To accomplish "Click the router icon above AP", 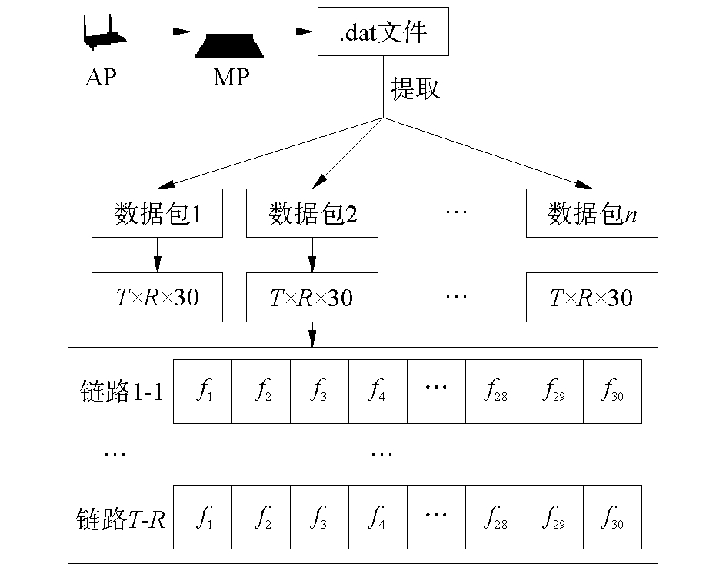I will tap(102, 35).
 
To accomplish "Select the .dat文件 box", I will tap(382, 33).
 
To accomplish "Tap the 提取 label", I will tap(415, 88).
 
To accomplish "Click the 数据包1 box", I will tap(157, 213).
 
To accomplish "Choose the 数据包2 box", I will tap(311, 213).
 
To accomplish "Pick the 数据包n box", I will tap(591, 213).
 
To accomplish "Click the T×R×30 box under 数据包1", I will tap(157, 297).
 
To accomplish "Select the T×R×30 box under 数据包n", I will tap(591, 297).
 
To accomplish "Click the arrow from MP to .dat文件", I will tap(292, 32).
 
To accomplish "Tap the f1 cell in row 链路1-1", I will tap(203, 392).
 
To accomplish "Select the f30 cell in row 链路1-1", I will tap(612, 392).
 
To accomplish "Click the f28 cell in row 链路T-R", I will tap(495, 516).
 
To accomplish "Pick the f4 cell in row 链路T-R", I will tap(378, 516).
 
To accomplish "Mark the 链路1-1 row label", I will tap(121, 392).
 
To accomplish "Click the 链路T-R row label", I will tap(121, 517).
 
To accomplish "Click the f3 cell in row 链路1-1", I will tap(320, 392).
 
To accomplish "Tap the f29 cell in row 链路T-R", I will tap(554, 516).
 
